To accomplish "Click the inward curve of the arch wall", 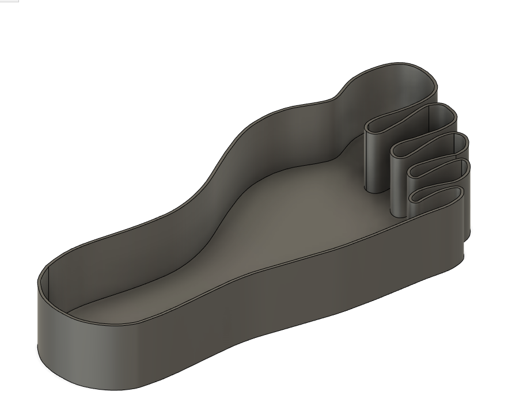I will point(230,173).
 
